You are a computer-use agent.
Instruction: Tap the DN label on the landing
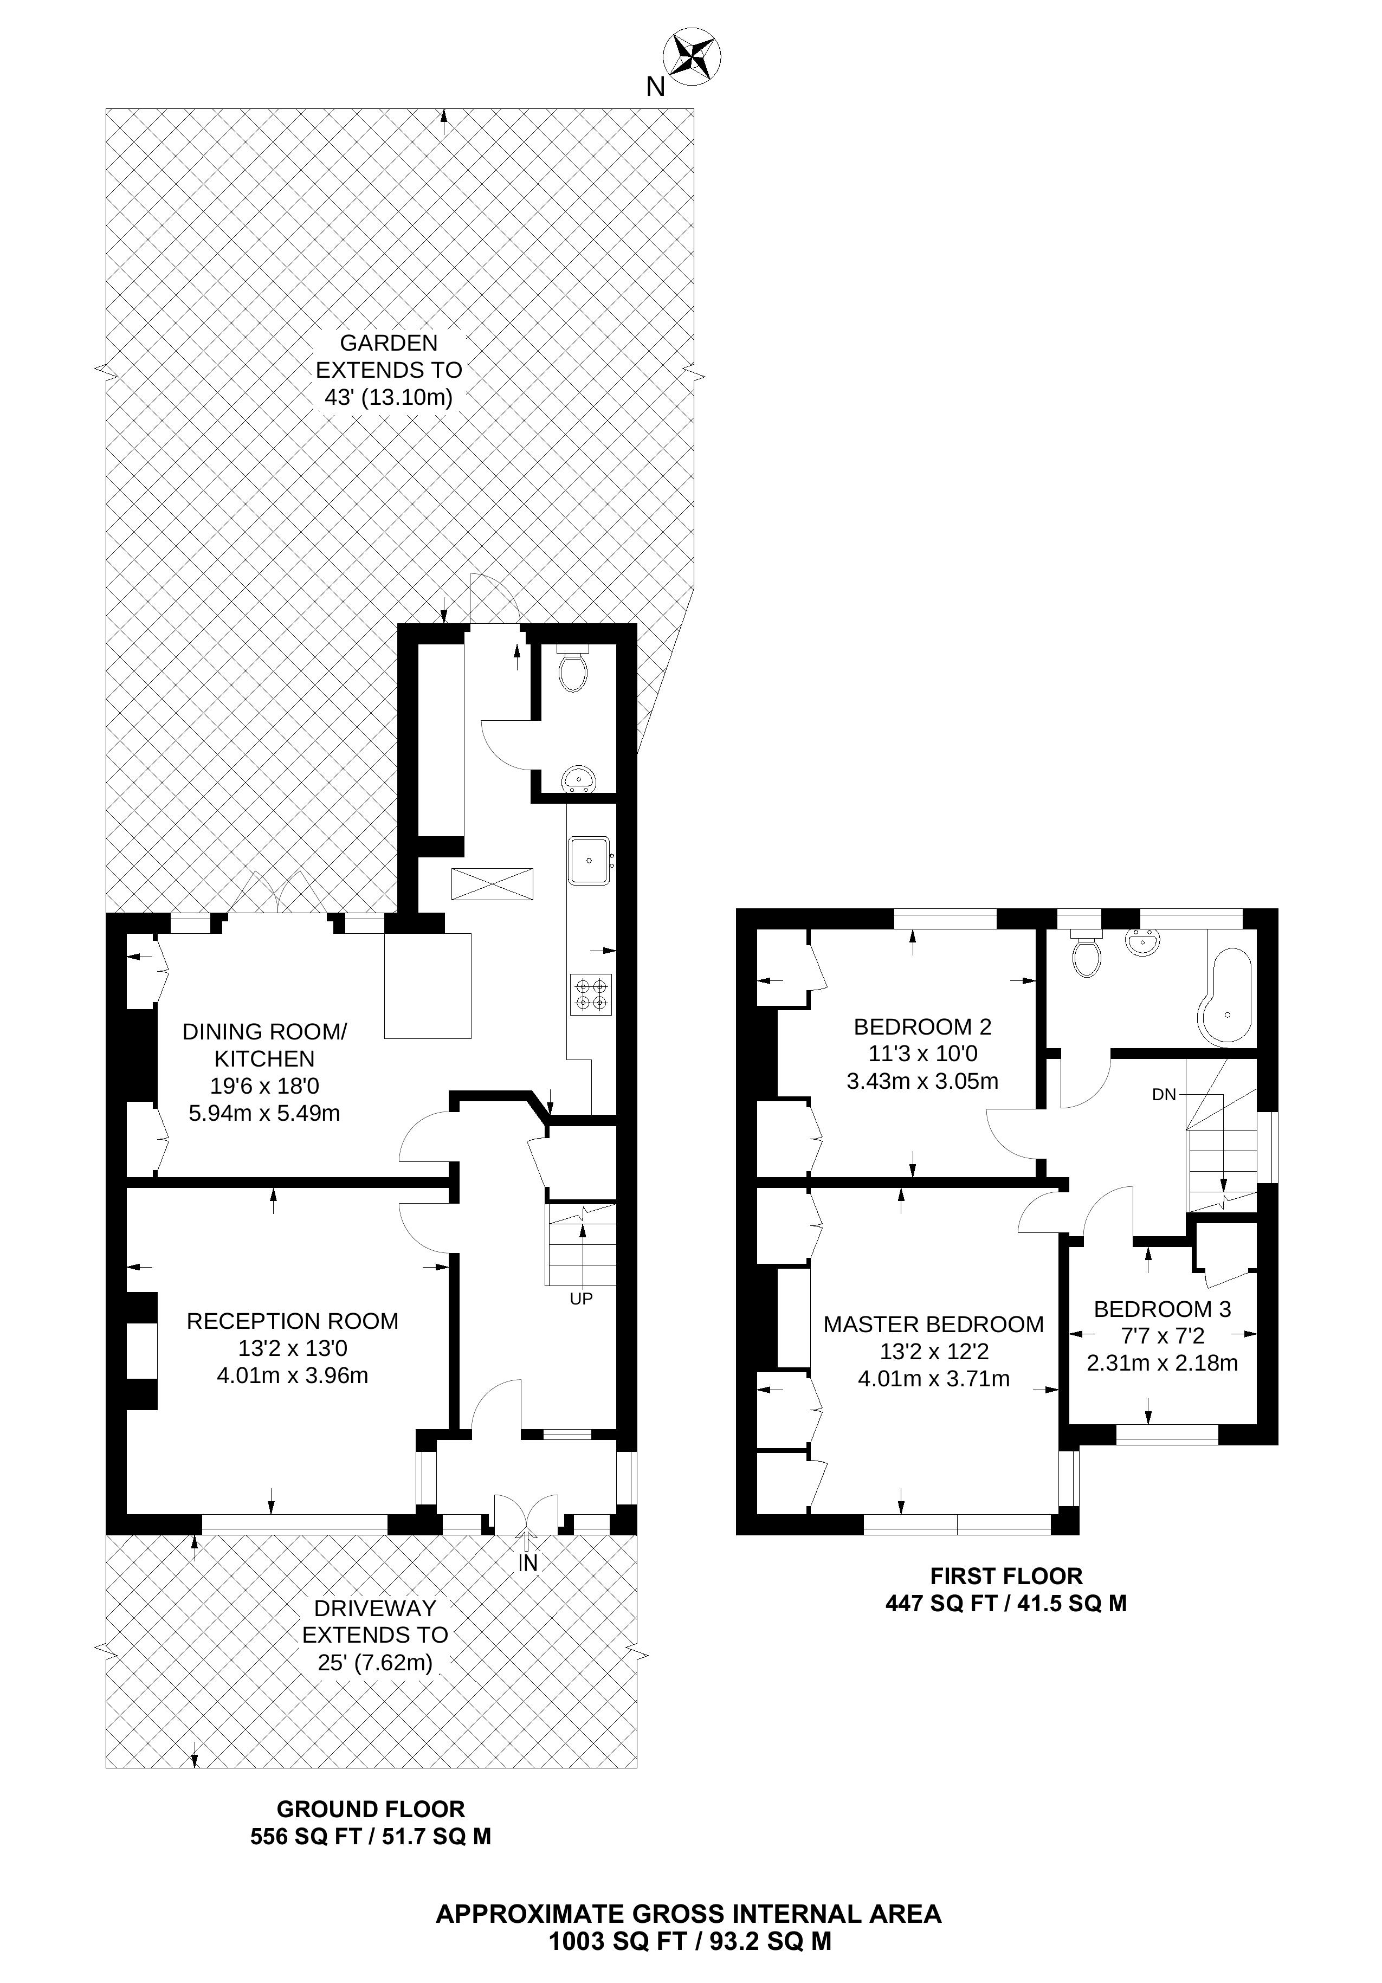click(1164, 1094)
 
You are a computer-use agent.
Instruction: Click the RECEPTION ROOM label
click(293, 1321)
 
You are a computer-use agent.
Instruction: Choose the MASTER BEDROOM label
click(933, 1324)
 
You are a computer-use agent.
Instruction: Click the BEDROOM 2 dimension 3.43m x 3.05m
click(922, 1081)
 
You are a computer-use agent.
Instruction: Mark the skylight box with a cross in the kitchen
click(492, 883)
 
